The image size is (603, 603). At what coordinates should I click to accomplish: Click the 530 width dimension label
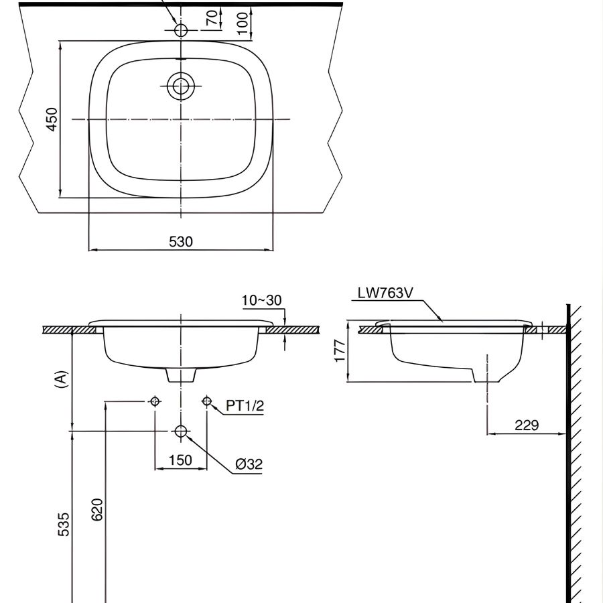tap(180, 242)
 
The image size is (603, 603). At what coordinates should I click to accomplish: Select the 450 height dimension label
tap(52, 119)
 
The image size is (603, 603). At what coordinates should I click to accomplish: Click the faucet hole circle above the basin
tap(181, 30)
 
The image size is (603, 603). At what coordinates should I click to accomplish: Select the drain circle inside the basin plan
tap(180, 86)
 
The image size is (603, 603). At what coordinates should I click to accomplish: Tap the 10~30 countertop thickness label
tap(261, 300)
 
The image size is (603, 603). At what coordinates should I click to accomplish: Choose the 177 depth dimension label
tap(339, 351)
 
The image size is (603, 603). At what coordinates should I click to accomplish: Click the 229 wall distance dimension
tap(527, 425)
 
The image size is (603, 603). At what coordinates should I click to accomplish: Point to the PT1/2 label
tap(245, 405)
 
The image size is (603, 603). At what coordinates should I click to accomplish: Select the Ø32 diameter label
tap(249, 464)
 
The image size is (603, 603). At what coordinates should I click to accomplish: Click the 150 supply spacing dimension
tap(180, 460)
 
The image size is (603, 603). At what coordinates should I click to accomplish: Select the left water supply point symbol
tap(155, 401)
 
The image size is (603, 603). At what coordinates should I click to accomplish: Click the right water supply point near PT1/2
tap(206, 401)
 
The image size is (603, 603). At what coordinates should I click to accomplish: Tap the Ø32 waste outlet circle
tap(181, 431)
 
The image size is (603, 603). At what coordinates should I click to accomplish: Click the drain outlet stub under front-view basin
tap(180, 375)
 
